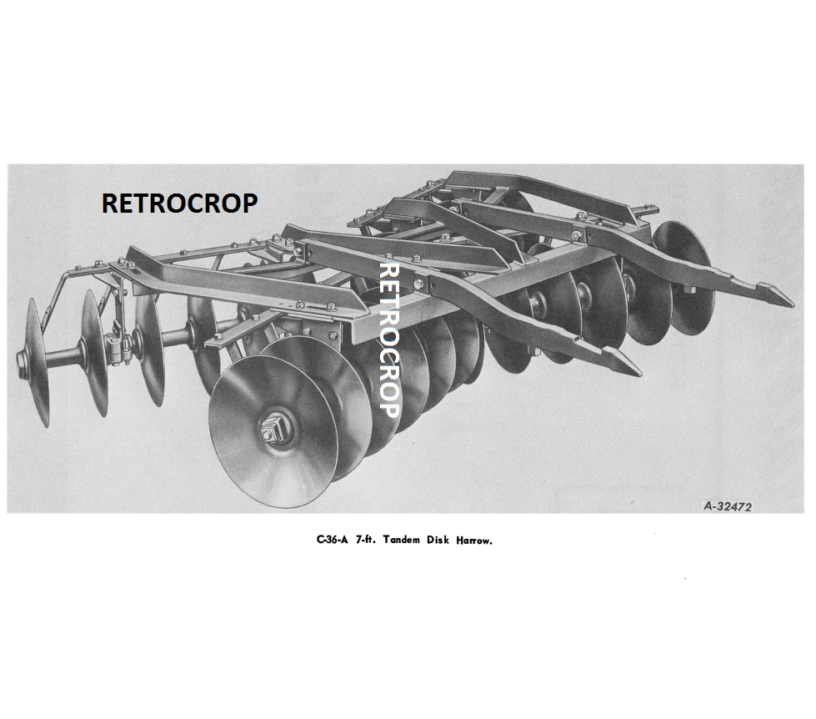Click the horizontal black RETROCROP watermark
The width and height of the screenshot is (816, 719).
point(179,203)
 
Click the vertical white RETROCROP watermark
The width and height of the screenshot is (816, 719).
point(388,340)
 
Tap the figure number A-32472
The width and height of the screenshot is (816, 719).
point(728,506)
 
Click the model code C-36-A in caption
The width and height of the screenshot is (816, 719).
point(332,540)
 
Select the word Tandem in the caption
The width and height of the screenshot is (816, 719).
point(401,540)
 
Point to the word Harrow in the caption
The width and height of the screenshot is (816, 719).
point(473,541)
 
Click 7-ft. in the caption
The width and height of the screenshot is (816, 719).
point(365,540)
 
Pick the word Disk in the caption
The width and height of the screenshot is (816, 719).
point(438,540)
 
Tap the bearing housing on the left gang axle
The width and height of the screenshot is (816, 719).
point(117,345)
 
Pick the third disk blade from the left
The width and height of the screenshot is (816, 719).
point(149,346)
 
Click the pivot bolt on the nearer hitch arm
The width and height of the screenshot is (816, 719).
point(419,284)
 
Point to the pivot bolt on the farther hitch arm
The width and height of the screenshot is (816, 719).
point(575,236)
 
